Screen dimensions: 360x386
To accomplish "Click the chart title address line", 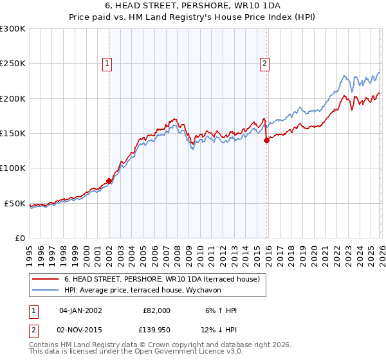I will (192, 6).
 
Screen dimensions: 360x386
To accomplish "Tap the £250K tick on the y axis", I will (13, 64).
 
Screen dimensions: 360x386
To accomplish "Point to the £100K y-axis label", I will (13, 168).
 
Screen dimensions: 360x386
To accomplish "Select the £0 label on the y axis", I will (19, 238).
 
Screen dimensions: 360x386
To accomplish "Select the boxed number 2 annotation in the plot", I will (264, 63).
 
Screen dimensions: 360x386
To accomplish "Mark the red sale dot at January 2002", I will (109, 181).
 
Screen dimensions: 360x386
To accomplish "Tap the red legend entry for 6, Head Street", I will (161, 280).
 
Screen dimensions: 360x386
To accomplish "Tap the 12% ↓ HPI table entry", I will (219, 330).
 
